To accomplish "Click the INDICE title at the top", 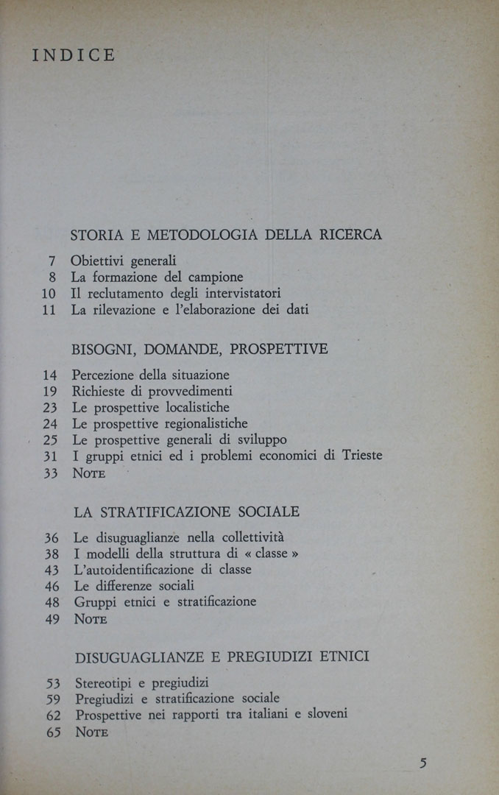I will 74,56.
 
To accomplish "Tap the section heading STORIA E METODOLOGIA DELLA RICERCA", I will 226,236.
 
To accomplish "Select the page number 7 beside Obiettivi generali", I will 53,261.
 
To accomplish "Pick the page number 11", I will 49,310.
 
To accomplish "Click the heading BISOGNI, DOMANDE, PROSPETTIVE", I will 199,349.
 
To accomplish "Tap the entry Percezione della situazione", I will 150,375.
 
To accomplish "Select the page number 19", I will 50,391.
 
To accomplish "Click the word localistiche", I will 194,407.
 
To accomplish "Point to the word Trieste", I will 362,456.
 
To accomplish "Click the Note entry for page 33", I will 89,473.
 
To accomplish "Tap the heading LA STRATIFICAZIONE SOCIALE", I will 187,512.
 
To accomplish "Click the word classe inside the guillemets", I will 271,554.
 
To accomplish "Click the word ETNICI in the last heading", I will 344,656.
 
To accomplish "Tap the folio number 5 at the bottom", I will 422,763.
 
